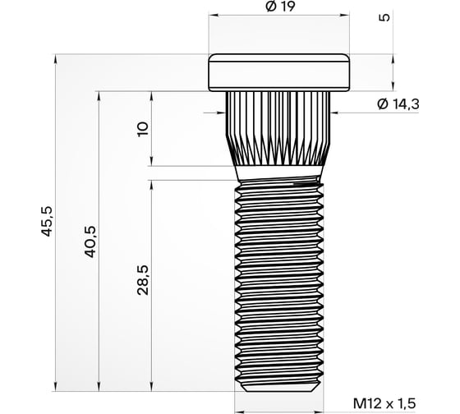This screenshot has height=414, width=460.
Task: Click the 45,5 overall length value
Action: (x=47, y=222)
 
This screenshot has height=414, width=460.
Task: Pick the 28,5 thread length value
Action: (x=143, y=280)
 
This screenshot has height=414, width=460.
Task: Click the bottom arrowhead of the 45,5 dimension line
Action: (x=55, y=389)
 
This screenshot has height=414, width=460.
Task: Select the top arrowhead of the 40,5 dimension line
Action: (x=100, y=94)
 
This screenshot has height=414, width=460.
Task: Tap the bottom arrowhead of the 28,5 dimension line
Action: (x=151, y=389)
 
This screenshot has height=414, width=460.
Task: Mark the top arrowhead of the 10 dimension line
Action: (x=151, y=94)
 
